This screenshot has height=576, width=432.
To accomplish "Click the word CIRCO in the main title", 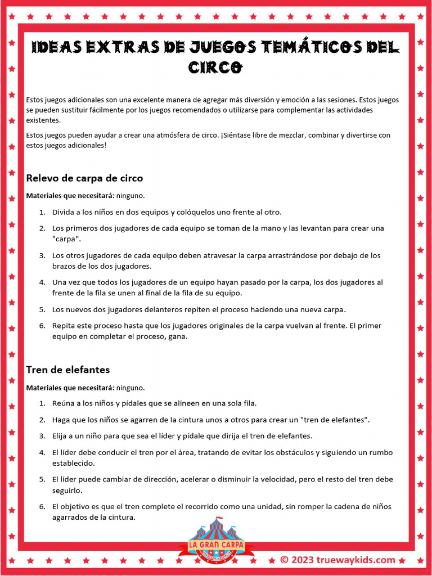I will [215, 67].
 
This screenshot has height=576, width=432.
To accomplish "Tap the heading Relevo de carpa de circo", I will [84, 178].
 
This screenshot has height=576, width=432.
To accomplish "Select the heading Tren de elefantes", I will [68, 370].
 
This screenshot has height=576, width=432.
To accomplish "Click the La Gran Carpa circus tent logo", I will [215, 541].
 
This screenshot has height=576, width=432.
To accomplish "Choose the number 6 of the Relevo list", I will [42, 326].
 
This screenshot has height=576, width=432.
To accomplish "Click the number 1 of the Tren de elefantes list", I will [42, 403].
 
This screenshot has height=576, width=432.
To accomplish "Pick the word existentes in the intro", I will [42, 120].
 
